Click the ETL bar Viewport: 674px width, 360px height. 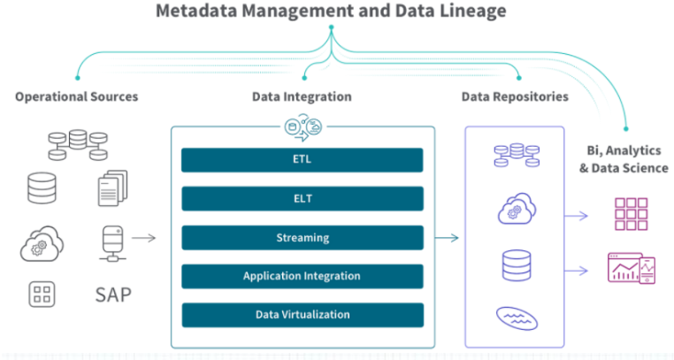tap(303, 160)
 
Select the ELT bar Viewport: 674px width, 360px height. tap(303, 198)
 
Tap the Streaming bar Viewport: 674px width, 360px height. tap(303, 238)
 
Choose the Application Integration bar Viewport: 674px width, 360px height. tap(303, 276)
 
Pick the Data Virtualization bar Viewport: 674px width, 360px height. tap(303, 315)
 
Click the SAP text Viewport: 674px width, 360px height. tap(113, 295)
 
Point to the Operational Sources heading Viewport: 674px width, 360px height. tap(77, 97)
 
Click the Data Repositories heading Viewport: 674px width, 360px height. tap(515, 97)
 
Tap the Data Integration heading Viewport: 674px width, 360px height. tap(302, 97)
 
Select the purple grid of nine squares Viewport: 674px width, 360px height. tap(631, 214)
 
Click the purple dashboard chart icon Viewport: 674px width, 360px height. tap(632, 268)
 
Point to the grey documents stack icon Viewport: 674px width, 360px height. tap(112, 188)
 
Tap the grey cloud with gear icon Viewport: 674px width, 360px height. tap(42, 243)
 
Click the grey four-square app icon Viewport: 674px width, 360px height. tap(42, 295)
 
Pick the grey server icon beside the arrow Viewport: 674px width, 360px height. tap(112, 243)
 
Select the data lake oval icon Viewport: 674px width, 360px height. tap(517, 318)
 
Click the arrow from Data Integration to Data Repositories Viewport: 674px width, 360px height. tap(447, 238)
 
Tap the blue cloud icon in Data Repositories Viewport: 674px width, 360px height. tap(517, 209)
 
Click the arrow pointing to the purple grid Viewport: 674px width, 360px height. tap(576, 216)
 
